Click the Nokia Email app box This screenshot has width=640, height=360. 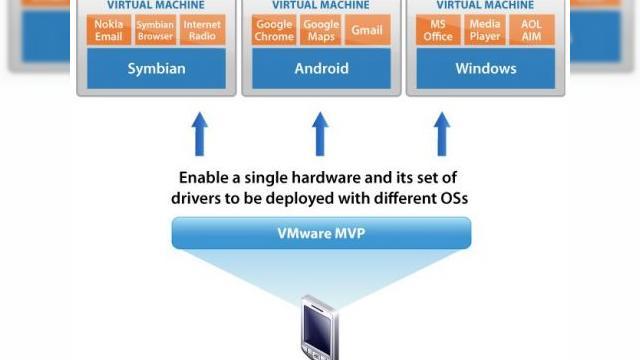(109, 30)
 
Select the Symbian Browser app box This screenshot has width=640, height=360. (155, 30)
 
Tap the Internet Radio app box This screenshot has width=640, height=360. (202, 30)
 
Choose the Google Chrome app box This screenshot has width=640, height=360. (274, 30)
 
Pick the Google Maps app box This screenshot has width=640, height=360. (321, 30)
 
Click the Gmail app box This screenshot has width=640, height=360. (367, 30)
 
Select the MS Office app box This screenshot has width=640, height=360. (438, 30)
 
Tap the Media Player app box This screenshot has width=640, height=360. (485, 30)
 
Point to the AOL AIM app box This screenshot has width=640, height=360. (531, 30)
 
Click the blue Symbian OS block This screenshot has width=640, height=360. (155, 68)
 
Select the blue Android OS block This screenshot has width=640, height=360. (321, 68)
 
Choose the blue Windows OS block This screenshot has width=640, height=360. (485, 68)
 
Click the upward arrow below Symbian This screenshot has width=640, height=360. (199, 133)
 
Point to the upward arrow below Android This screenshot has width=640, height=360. (321, 133)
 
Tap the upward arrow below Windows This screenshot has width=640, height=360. (442, 133)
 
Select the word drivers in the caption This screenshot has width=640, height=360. (198, 198)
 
